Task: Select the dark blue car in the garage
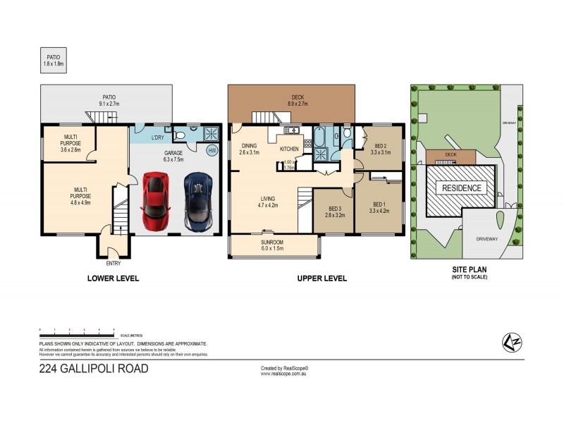[198, 202]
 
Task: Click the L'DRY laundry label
[157, 137]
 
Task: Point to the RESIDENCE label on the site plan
[462, 188]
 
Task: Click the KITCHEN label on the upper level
[290, 149]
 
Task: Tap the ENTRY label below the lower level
[113, 263]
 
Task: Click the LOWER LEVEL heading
[113, 278]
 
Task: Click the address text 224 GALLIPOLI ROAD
[94, 367]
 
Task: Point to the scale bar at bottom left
[78, 332]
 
